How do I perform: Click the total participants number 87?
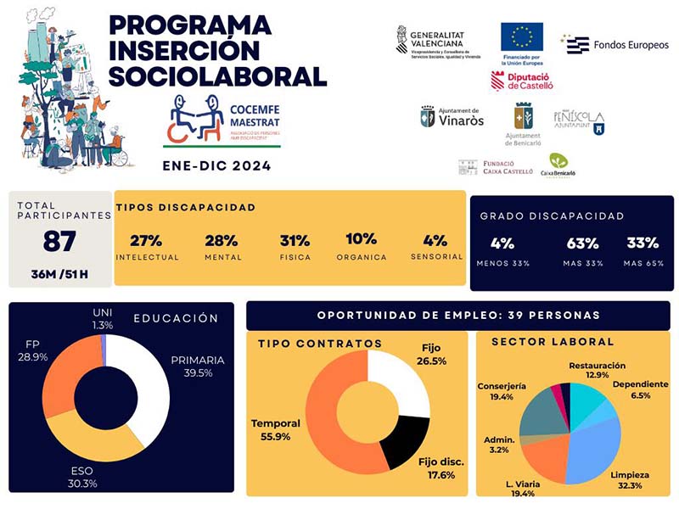(59, 242)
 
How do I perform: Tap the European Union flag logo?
(521, 37)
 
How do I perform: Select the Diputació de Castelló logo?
(522, 81)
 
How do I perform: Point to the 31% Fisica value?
(295, 240)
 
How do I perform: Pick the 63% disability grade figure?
(577, 243)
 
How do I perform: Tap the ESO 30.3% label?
(82, 478)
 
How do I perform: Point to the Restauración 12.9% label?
(597, 370)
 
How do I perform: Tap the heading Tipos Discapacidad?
(185, 206)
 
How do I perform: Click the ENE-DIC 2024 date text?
(216, 165)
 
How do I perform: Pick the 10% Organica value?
(362, 239)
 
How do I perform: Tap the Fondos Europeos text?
(631, 44)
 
